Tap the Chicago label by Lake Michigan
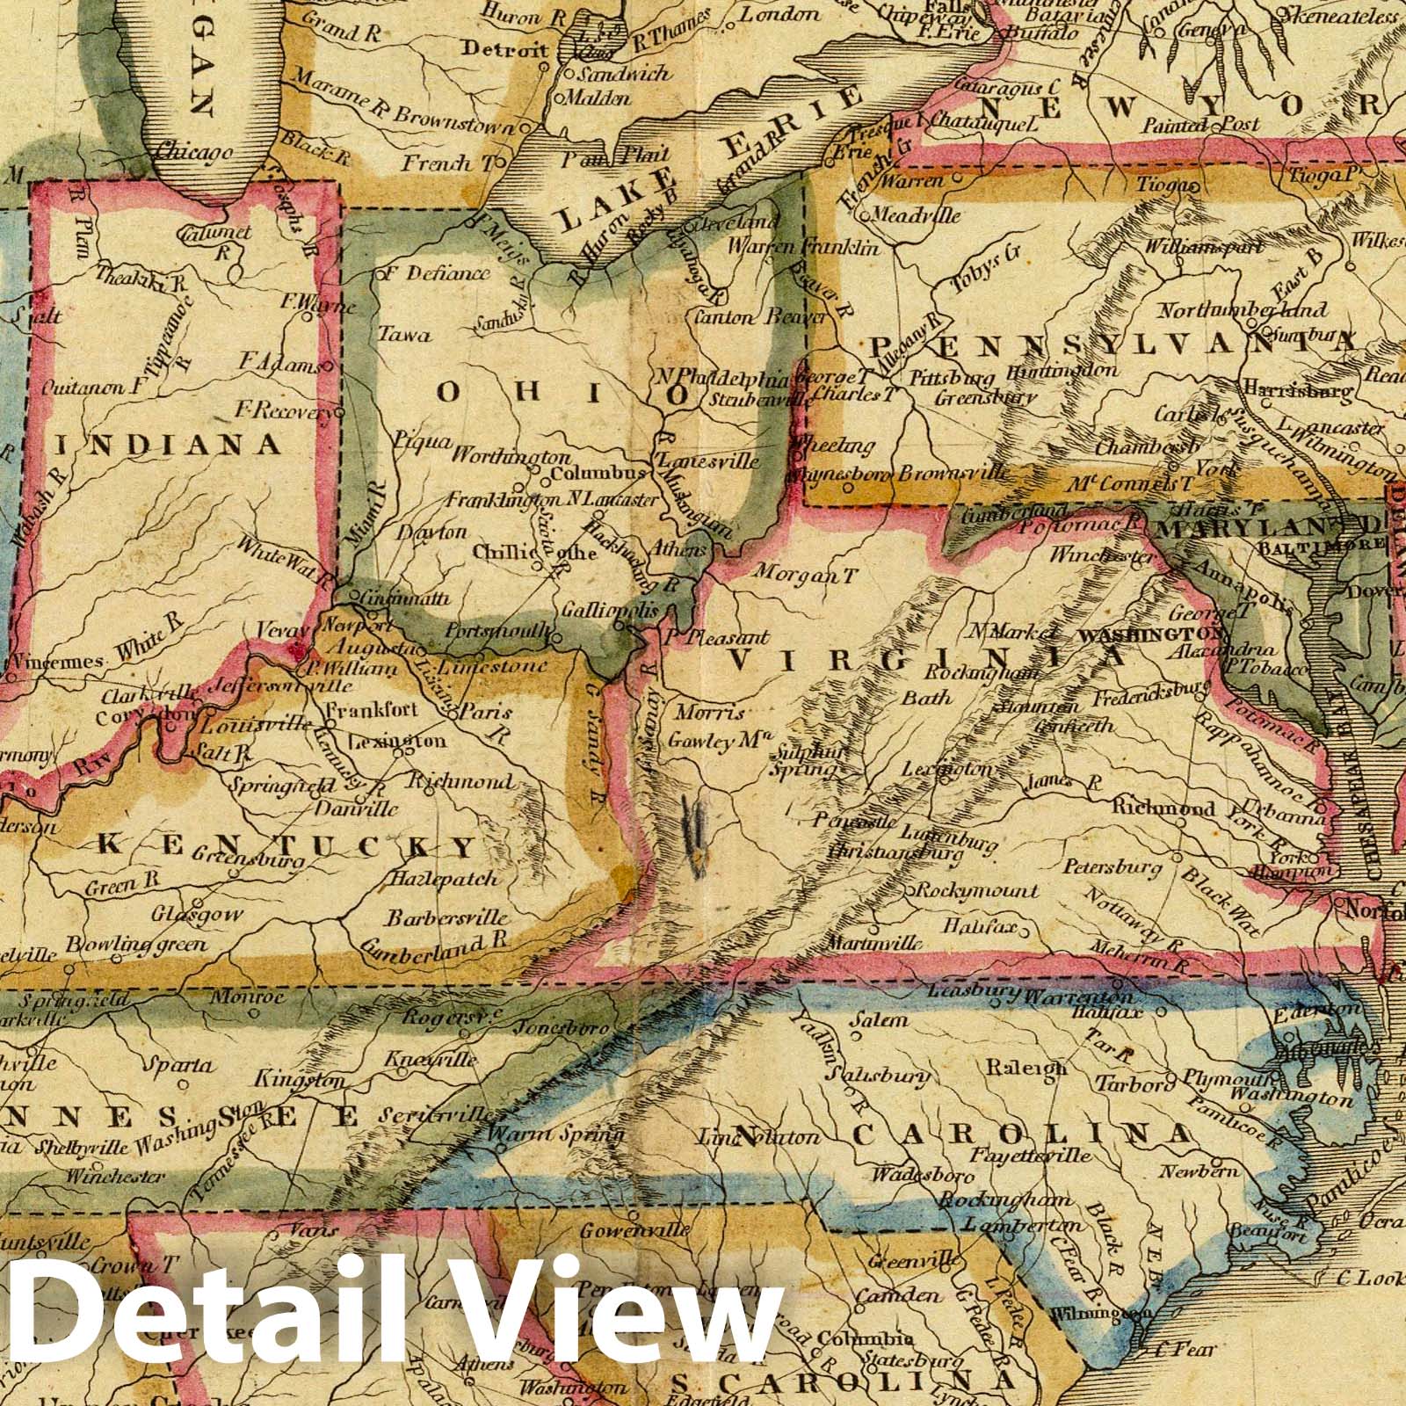(194, 152)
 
